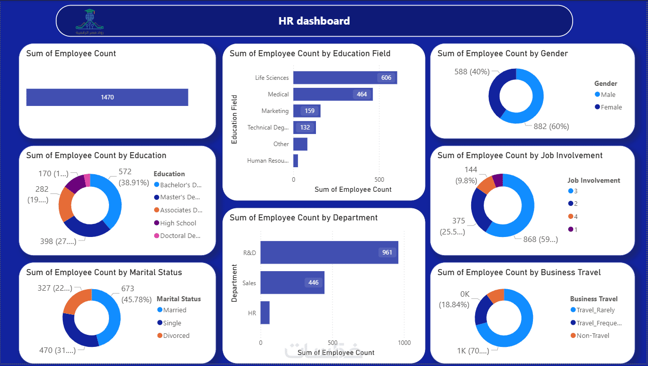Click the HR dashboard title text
tap(314, 21)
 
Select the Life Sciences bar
tap(345, 78)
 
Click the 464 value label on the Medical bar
tap(362, 94)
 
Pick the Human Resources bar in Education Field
tap(295, 161)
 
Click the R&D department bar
tap(329, 253)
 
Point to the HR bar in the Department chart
tap(265, 313)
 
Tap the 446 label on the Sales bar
tap(313, 283)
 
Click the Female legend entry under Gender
tap(608, 107)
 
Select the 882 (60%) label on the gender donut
tap(551, 127)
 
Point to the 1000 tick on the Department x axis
tap(404, 343)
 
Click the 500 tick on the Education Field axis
tap(379, 180)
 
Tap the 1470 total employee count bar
tap(107, 97)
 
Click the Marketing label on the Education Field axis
tap(275, 111)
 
